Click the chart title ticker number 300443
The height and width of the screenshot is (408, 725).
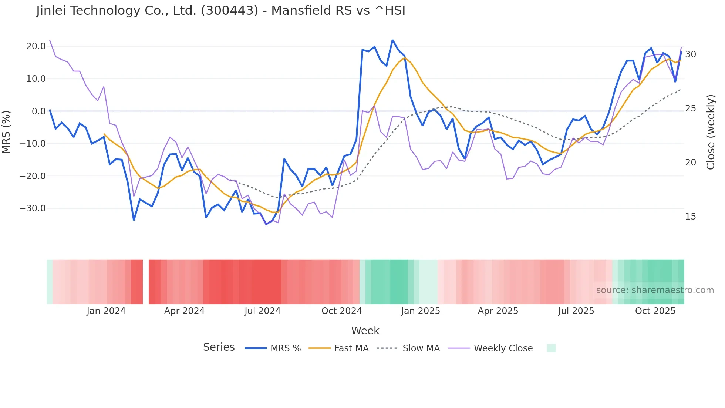pos(230,11)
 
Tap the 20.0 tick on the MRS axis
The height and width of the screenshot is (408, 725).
pos(36,46)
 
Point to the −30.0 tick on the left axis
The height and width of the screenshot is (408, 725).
pos(33,208)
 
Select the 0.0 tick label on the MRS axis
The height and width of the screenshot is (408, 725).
pos(39,111)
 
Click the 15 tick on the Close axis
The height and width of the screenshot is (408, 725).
pos(690,217)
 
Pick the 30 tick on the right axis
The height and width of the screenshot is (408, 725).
pos(690,54)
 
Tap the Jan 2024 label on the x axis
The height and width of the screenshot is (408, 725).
pos(106,311)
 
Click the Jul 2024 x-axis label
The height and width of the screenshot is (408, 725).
pos(263,311)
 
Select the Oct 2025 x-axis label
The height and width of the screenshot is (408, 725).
pos(655,311)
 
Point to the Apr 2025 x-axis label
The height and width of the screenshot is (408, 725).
pos(498,311)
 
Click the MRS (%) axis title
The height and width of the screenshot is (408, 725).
pos(6,132)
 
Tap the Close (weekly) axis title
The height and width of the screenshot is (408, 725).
pos(711,132)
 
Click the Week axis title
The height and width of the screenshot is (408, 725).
pos(365,331)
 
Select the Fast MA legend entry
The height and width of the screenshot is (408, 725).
pos(351,348)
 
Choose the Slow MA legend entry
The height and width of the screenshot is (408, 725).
pos(421,348)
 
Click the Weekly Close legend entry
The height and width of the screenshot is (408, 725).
pos(503,348)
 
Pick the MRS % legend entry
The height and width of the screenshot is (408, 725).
pos(285,348)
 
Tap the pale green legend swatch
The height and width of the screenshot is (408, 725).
pos(551,348)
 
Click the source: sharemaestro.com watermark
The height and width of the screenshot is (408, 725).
pos(655,290)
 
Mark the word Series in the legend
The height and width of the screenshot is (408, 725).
pos(219,347)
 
